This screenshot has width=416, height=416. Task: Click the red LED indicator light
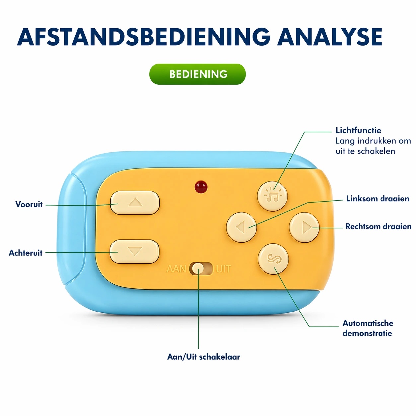pyautogui.click(x=201, y=187)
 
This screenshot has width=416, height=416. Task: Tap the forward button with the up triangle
pyautogui.click(x=135, y=202)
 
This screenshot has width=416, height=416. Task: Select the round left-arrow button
pyautogui.click(x=241, y=227)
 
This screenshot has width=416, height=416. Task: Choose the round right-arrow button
pyautogui.click(x=304, y=227)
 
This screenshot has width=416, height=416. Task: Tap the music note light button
pyautogui.click(x=272, y=196)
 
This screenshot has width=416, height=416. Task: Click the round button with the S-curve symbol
pyautogui.click(x=273, y=259)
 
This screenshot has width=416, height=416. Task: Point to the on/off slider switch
pyautogui.click(x=201, y=269)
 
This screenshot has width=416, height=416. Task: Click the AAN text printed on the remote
pyautogui.click(x=176, y=269)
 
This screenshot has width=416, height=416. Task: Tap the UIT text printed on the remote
pyautogui.click(x=223, y=269)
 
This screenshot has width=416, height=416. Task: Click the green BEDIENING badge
pyautogui.click(x=198, y=74)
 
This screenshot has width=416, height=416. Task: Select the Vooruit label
pyautogui.click(x=29, y=204)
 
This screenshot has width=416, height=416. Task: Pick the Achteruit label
pyautogui.click(x=26, y=253)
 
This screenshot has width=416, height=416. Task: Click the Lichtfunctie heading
pyautogui.click(x=358, y=130)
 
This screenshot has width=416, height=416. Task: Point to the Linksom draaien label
pyautogui.click(x=378, y=199)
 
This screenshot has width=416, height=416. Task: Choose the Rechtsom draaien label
pyautogui.click(x=378, y=226)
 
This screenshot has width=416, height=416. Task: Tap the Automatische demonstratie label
pyautogui.click(x=368, y=328)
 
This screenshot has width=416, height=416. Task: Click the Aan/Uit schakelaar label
pyautogui.click(x=203, y=357)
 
